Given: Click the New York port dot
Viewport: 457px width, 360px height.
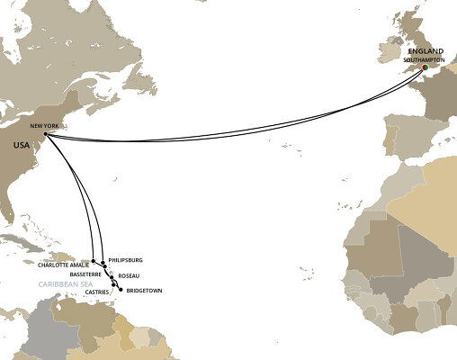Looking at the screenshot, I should pos(45,135).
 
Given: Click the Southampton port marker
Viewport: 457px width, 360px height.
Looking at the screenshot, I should pos(425,66).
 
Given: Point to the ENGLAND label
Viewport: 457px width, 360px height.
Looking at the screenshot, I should pos(426,52).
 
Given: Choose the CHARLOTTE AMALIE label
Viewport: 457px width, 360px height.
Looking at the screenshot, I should pos(63,265).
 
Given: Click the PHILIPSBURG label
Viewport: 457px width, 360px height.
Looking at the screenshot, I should pos(125,260).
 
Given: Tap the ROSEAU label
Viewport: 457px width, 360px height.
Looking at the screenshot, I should pos(129,276).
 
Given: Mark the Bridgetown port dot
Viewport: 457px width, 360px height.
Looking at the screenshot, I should pos(121,291).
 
